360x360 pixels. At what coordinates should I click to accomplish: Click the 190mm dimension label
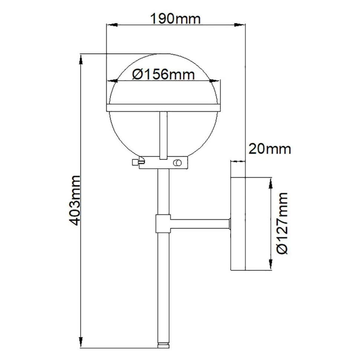pyautogui.click(x=176, y=19)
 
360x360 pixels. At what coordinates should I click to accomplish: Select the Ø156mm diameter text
pyautogui.click(x=163, y=75)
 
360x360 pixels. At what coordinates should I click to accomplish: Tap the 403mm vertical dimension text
pyautogui.click(x=75, y=201)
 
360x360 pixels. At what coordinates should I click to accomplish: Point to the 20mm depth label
pyautogui.click(x=269, y=149)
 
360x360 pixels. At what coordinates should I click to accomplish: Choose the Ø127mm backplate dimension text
pyautogui.click(x=283, y=223)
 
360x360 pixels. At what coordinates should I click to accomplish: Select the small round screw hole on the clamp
pyautogui.click(x=178, y=163)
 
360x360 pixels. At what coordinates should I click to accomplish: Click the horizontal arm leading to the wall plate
pyautogui.click(x=200, y=223)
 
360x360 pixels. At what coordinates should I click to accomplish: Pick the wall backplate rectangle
pyautogui.click(x=238, y=223)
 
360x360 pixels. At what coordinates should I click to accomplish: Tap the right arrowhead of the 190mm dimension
pyautogui.click(x=243, y=25)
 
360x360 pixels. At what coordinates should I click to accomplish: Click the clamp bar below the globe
pyautogui.click(x=163, y=163)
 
